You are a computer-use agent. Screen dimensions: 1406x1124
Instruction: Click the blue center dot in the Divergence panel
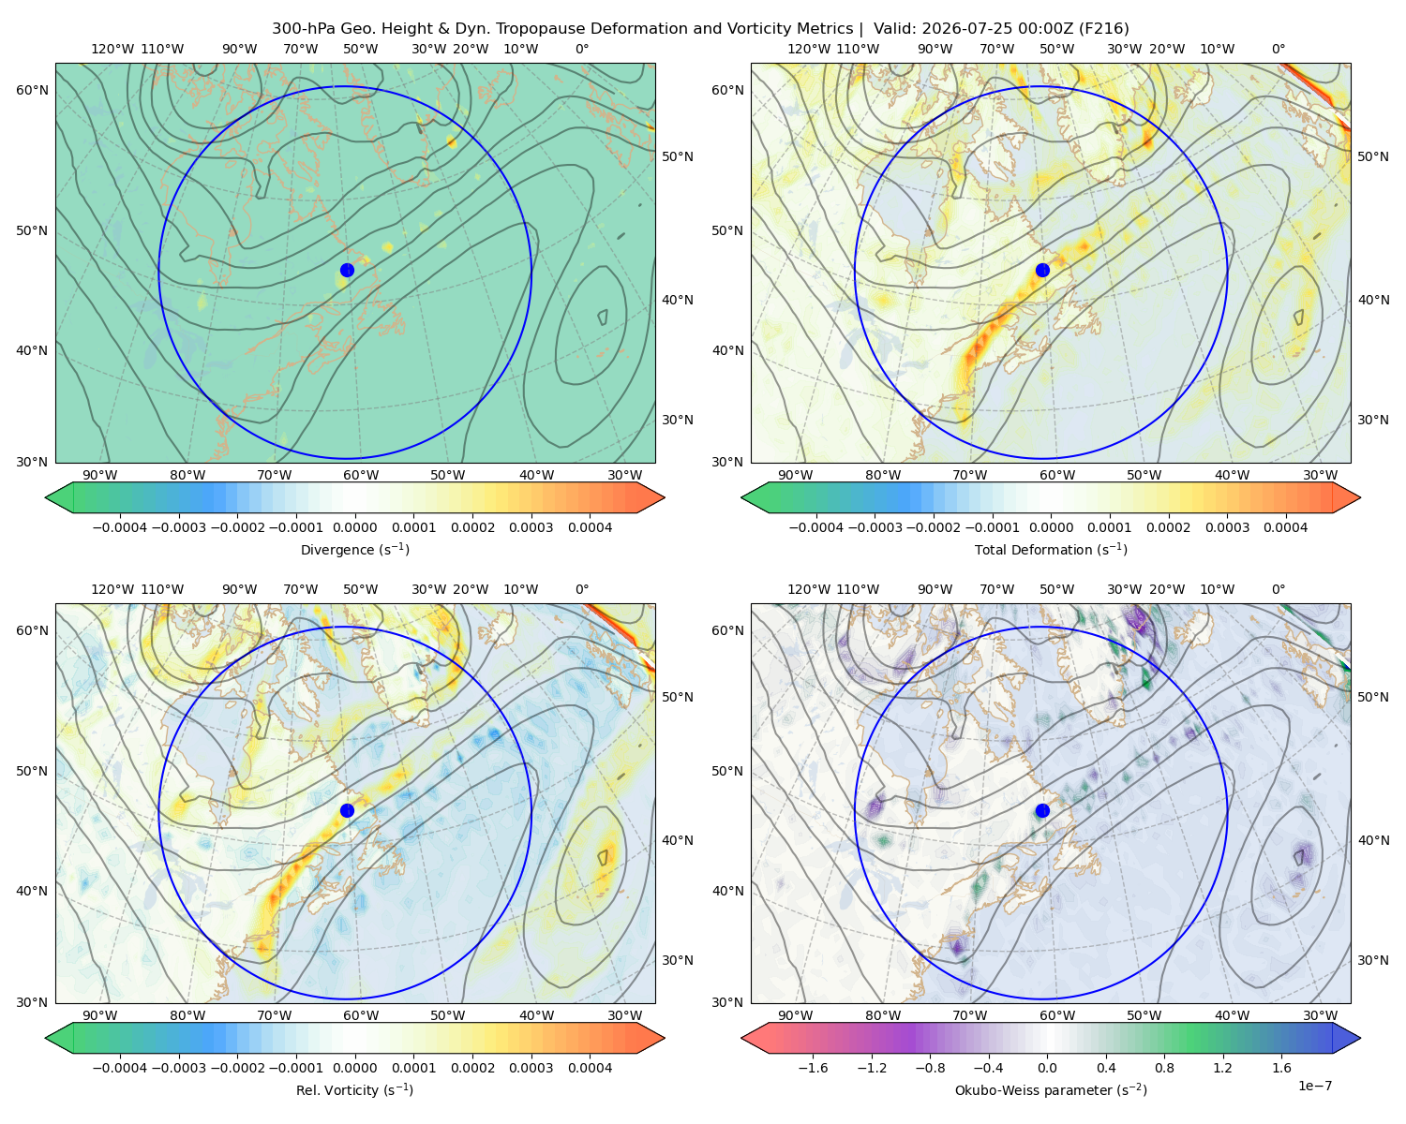[347, 271]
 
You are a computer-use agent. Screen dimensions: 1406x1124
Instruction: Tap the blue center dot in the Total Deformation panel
[1042, 271]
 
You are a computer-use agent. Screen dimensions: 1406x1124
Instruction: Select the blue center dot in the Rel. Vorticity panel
[347, 810]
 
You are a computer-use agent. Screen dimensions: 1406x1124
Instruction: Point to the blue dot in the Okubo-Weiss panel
[1042, 810]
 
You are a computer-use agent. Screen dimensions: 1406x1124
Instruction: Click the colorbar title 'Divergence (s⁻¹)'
[354, 549]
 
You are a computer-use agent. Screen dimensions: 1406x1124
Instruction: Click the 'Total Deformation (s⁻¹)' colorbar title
[1051, 549]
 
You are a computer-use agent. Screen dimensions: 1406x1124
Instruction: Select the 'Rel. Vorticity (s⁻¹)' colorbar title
[354, 1090]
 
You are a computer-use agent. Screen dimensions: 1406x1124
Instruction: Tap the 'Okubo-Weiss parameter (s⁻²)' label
[1051, 1090]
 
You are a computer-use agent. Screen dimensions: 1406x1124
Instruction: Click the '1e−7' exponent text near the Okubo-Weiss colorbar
[1314, 1086]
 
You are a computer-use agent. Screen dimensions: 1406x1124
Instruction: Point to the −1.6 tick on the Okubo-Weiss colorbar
[813, 1068]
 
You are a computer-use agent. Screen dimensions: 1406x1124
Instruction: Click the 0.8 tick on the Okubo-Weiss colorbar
[1164, 1068]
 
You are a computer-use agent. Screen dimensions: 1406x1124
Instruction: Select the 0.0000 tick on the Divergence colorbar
[354, 527]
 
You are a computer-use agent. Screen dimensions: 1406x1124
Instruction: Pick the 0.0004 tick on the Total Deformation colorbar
[1285, 527]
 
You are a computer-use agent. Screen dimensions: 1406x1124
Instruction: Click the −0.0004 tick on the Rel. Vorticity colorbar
[120, 1068]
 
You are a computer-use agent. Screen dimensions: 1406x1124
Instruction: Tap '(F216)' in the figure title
[1104, 29]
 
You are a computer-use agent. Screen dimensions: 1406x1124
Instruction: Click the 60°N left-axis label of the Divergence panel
[32, 90]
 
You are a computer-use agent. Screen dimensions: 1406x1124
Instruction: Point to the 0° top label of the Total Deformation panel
[1278, 49]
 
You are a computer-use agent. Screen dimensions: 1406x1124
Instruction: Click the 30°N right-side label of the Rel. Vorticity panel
[678, 960]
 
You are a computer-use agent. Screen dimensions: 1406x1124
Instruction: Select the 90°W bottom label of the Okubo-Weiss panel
[795, 1015]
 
